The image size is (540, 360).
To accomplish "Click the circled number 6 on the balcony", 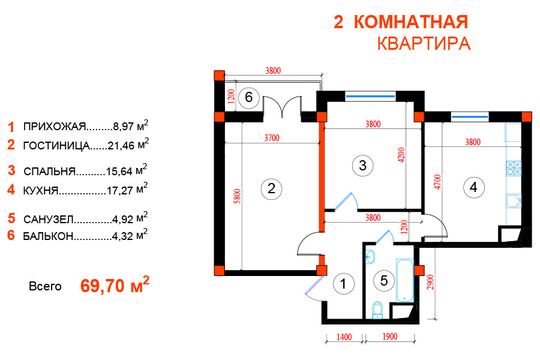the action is pos(248,97).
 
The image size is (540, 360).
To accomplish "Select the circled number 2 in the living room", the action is pos(271,189).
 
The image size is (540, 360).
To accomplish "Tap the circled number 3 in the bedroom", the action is pos(362,166).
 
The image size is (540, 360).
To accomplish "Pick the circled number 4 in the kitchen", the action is pos(473,188).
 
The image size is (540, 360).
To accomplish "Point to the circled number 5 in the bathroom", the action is pos(384,281).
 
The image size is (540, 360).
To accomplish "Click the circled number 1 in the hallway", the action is pos(344,284).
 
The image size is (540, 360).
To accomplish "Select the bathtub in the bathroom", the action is pos(404,280).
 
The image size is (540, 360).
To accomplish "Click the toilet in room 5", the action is pos(378,310).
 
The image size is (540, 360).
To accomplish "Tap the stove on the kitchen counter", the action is pos(514,169).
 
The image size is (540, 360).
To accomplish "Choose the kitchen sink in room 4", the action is pos(514,201).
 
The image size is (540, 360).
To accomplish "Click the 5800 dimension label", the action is pos(237,196).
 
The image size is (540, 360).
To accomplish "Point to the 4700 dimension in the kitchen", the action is pos(437,182).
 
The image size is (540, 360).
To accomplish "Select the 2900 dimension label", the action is pos(430,282).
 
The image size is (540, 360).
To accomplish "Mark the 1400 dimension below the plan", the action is pos(344,337).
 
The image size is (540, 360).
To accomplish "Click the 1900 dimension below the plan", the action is pos(390,337).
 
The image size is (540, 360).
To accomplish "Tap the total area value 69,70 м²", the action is pos(115,284).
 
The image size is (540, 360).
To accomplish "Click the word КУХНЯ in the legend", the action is pos(41,191).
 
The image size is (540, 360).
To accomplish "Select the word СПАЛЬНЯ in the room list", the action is pos(49,171).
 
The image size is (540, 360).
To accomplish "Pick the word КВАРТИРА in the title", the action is pos(424,44).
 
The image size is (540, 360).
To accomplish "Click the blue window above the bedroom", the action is pos(370,96).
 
